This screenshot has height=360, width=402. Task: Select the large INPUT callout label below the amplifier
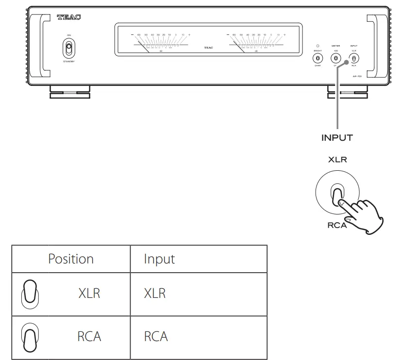(x=337, y=137)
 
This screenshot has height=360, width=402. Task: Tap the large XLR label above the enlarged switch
(x=337, y=160)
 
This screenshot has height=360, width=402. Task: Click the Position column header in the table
(x=71, y=259)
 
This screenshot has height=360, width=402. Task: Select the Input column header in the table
(x=159, y=259)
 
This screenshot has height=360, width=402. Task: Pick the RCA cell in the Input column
(x=155, y=336)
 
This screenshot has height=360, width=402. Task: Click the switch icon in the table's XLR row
(x=29, y=294)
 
